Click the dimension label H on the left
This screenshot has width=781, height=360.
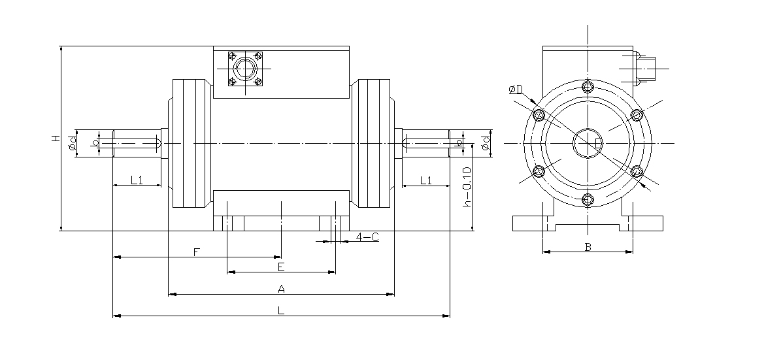(56, 139)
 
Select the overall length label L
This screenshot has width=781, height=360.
(280, 311)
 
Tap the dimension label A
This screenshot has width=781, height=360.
(281, 289)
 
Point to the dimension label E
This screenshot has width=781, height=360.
(280, 267)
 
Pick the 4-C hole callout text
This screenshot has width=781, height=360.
(367, 237)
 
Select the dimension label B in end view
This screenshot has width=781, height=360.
(588, 247)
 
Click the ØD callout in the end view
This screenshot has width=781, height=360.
(516, 90)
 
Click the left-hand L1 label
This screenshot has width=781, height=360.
(137, 180)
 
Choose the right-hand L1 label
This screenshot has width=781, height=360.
(425, 180)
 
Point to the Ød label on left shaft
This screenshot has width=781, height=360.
(73, 142)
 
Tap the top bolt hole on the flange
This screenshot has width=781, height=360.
(588, 87)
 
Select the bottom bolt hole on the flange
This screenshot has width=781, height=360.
(588, 199)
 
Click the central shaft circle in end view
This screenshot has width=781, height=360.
(587, 143)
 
